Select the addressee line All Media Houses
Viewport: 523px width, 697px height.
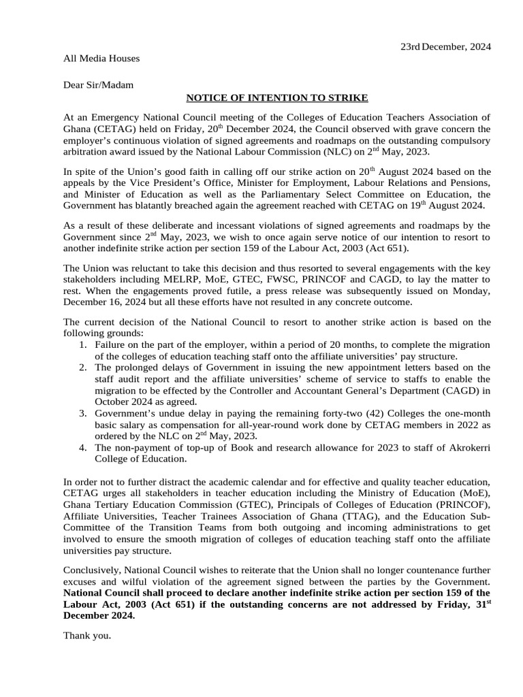tap(101, 59)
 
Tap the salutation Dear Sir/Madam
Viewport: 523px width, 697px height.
tap(99, 85)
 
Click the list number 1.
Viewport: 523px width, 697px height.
tap(82, 346)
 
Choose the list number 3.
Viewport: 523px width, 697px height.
tap(82, 413)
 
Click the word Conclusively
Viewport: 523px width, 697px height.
tap(92, 570)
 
